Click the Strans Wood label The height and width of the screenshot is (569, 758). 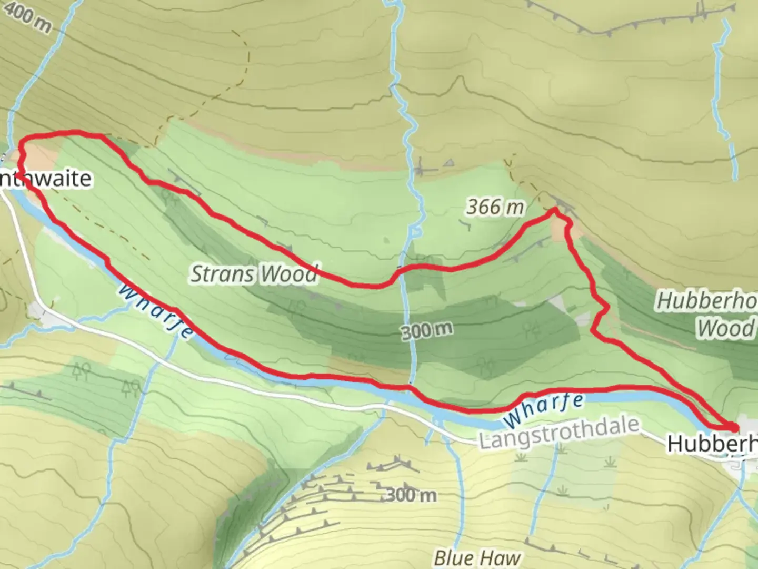(254, 274)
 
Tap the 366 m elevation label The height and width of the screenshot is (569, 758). (495, 207)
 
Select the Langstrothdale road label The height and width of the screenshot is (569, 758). (559, 433)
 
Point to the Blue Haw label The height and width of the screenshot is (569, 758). (477, 557)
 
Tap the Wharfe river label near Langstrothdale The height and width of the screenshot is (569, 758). (543, 409)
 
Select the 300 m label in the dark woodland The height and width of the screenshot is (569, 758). (426, 331)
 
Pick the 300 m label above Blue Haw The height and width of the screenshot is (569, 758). (411, 495)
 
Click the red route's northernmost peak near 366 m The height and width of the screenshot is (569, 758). (554, 210)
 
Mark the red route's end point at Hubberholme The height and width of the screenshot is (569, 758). (733, 427)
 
